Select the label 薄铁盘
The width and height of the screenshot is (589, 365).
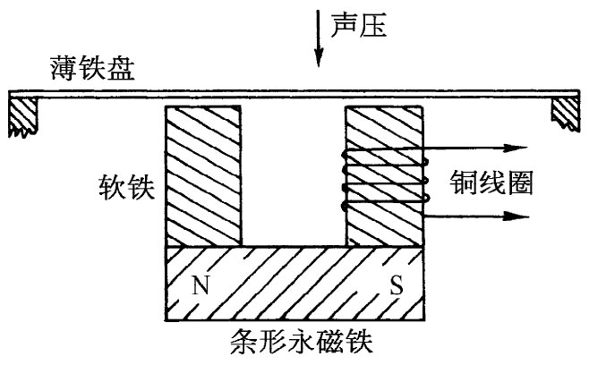point(93,70)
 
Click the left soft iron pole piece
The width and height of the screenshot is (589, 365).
point(203,175)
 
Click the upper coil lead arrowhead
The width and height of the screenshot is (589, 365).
point(514,148)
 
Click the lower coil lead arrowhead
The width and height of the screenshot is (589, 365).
point(514,216)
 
